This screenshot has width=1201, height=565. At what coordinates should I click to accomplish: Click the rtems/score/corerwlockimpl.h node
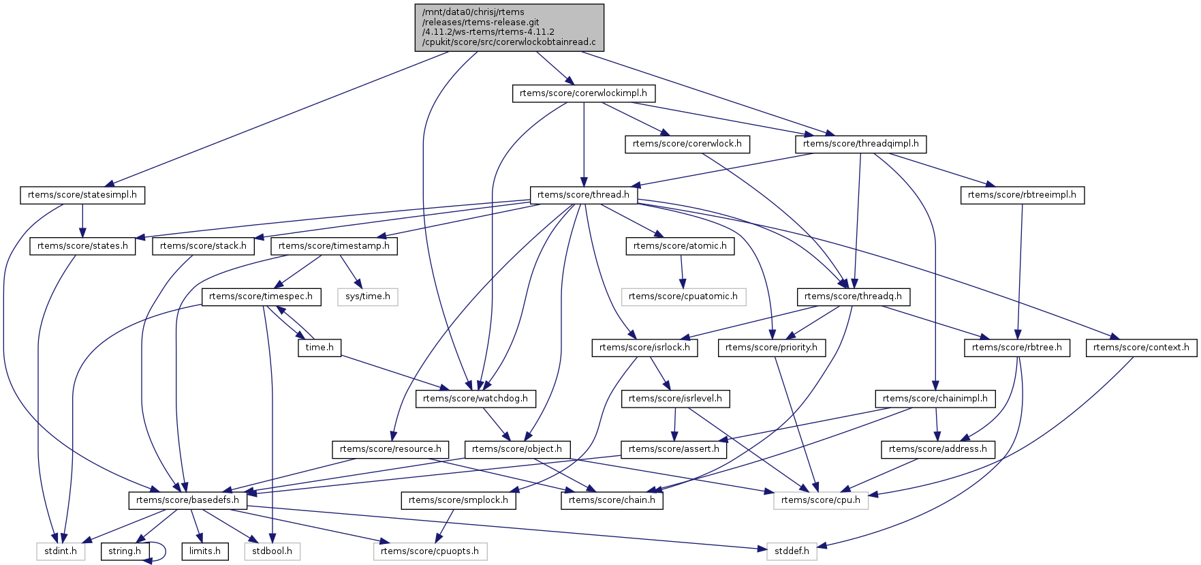coord(583,93)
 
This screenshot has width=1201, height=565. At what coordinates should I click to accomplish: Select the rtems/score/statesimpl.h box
coord(82,195)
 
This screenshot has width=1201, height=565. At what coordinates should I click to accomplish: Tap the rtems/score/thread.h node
coord(583,195)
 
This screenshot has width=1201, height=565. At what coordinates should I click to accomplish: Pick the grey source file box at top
coord(509,27)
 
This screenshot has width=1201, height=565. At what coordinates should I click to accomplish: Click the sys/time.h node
coord(368,296)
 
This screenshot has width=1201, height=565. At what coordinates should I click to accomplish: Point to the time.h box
coord(319,348)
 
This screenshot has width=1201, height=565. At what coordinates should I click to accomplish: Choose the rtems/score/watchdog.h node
coord(475,399)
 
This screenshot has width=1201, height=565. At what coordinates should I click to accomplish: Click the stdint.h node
coord(61,551)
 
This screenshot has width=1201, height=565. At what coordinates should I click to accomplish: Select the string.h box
coord(125,551)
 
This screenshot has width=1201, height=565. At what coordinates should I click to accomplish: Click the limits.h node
coord(204,551)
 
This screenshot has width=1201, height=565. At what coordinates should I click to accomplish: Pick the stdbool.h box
coord(272,551)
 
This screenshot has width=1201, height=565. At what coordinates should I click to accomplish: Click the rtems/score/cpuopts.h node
coord(430,551)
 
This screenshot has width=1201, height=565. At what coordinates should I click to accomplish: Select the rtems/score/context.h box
coord(1141,348)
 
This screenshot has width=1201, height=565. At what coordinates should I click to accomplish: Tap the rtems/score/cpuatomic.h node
coord(683,296)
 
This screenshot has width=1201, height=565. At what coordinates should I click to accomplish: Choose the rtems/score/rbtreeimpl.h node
coord(1022,195)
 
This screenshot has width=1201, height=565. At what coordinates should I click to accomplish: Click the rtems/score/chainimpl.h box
coord(935,399)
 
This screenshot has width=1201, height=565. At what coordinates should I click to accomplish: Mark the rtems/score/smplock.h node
coord(458,500)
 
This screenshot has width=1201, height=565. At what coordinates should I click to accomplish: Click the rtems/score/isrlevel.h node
coord(675,399)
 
